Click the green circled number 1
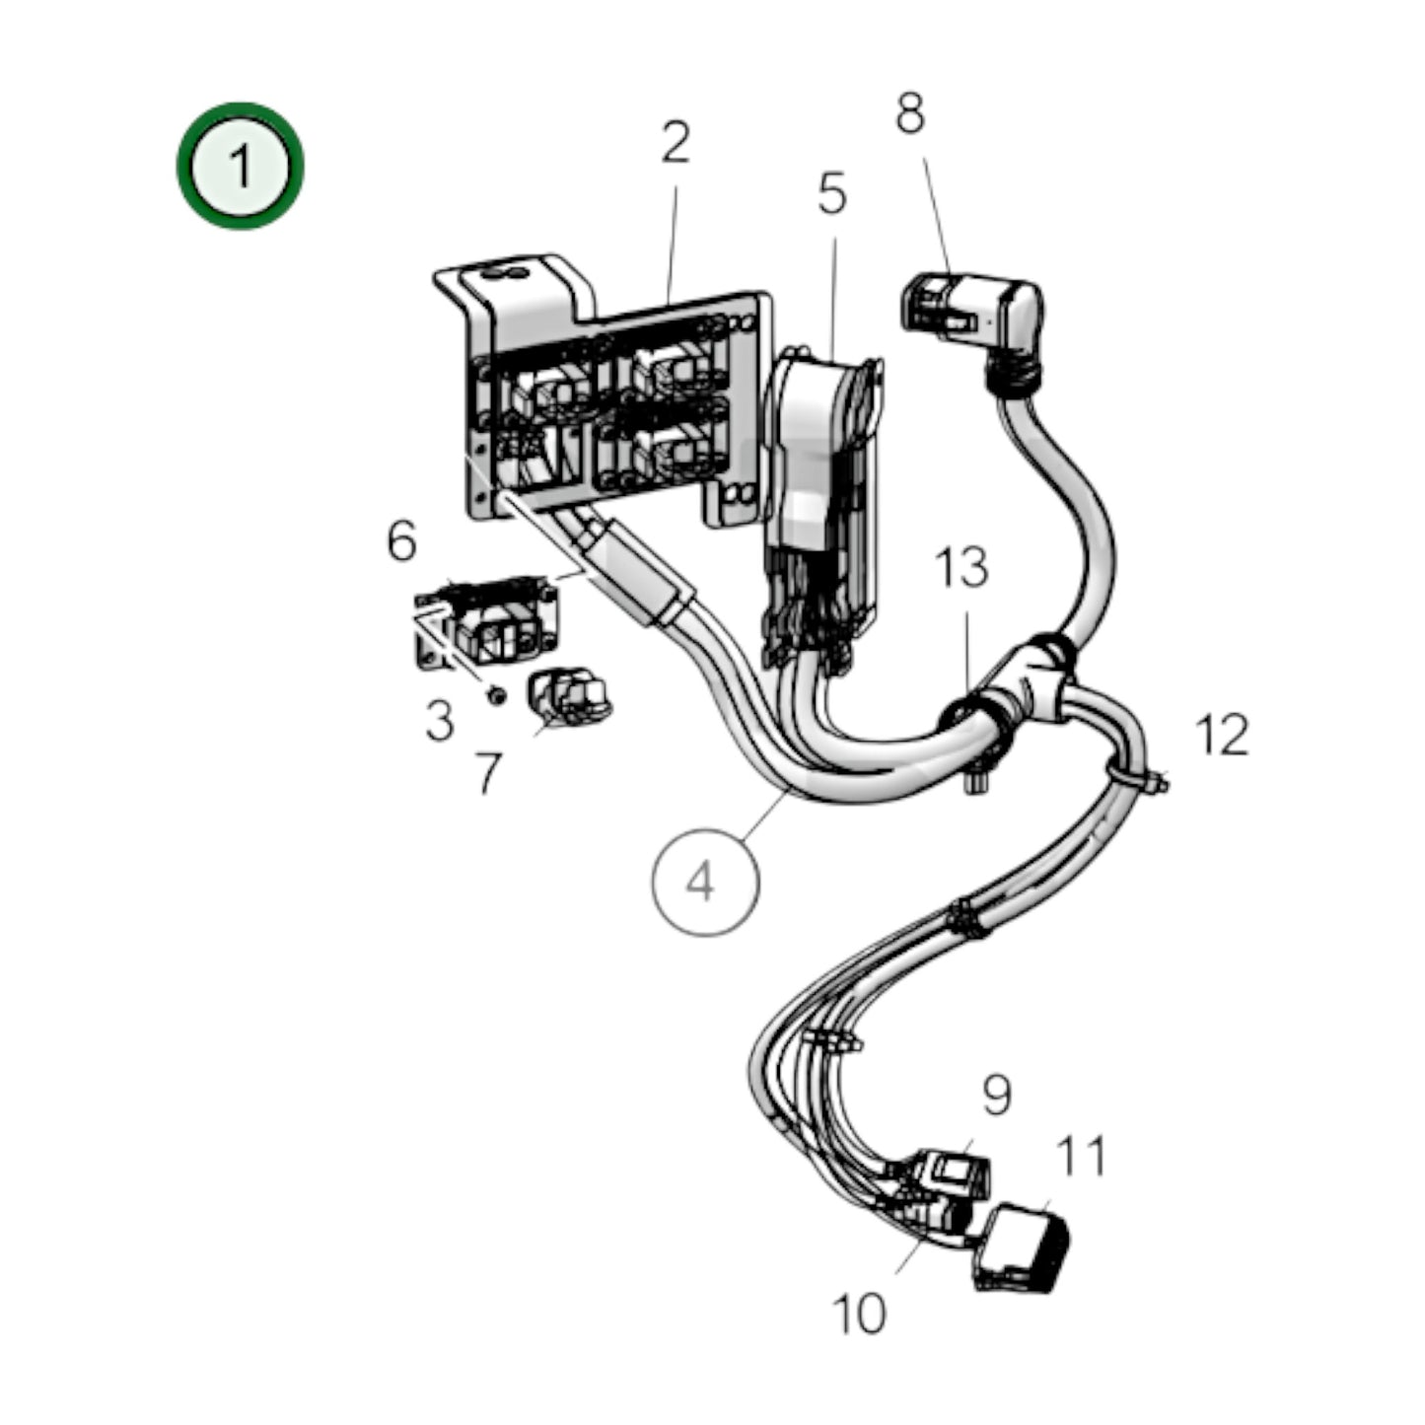click(x=240, y=166)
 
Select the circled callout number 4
click(x=704, y=881)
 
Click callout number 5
click(x=831, y=194)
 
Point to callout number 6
click(x=401, y=541)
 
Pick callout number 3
click(x=439, y=721)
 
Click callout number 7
click(x=488, y=773)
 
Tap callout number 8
click(x=909, y=113)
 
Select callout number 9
click(x=996, y=1095)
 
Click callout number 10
click(x=859, y=1314)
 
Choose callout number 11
click(x=1081, y=1156)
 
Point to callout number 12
click(x=1221, y=736)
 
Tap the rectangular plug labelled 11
click(x=1023, y=1247)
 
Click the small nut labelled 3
click(x=497, y=696)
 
